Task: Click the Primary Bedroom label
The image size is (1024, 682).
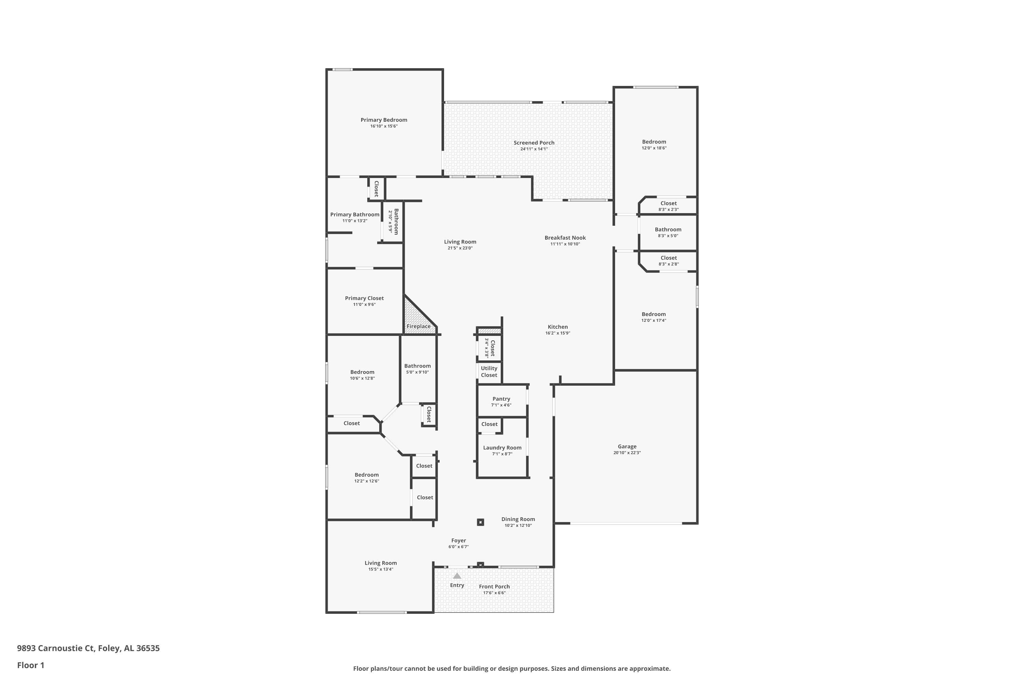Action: coord(384,120)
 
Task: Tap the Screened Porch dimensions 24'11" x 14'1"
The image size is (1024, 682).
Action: coord(534,149)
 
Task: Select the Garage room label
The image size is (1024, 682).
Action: coord(627,446)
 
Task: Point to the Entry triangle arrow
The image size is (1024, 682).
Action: coord(457,576)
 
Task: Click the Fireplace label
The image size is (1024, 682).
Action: coord(418,326)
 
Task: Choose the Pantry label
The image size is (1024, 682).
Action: coord(501,399)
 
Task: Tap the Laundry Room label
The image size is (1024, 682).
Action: coord(502,447)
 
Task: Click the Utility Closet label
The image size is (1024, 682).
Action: coord(489,371)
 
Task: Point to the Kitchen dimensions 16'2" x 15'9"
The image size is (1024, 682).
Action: coord(557,333)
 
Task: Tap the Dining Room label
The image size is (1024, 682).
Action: coord(518,519)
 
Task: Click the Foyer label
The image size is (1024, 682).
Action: coord(458,540)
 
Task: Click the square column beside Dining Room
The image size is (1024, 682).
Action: coord(480,522)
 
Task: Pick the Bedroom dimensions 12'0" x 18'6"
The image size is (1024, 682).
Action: coord(654,148)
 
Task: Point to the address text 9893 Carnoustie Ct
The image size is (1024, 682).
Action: coord(55,648)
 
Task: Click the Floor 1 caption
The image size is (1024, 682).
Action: coord(30,665)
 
